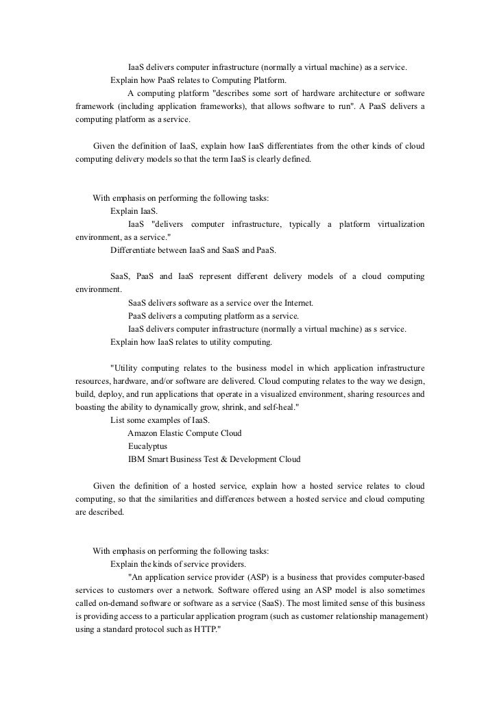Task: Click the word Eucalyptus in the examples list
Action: pyautogui.click(x=147, y=446)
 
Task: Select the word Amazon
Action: pyautogui.click(x=144, y=433)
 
